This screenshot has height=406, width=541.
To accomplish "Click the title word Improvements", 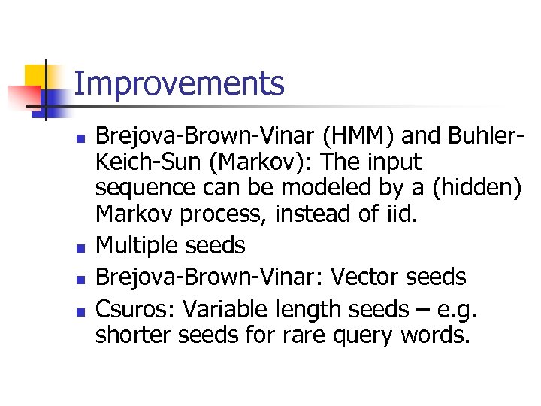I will pos(180,83).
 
